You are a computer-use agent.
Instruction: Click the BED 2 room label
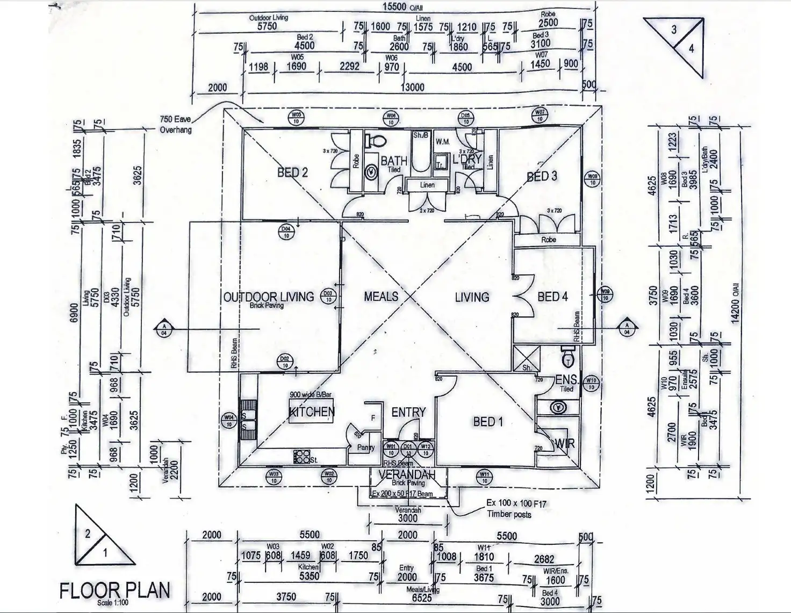point(292,172)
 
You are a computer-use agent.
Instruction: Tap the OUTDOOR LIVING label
point(268,297)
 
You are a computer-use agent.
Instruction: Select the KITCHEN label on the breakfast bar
point(312,412)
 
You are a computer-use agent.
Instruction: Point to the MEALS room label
point(381,297)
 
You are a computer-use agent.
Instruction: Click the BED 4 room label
point(552,297)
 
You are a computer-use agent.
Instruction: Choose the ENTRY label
point(408,412)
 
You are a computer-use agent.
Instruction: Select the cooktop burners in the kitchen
point(301,457)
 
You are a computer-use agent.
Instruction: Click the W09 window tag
point(606,293)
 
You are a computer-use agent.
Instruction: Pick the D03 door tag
point(328,297)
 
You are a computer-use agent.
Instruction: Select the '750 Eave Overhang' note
point(176,124)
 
